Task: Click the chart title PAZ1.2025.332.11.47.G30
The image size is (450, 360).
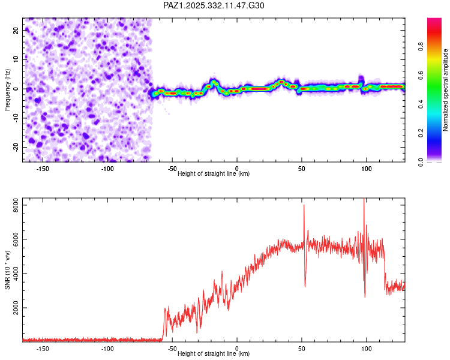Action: [x=214, y=5]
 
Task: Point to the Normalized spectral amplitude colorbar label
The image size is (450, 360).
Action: [x=445, y=90]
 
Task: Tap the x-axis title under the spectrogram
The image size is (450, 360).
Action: [x=214, y=173]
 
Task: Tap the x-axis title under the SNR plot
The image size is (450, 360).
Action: [x=214, y=353]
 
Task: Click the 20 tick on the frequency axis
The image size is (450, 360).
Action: [x=17, y=30]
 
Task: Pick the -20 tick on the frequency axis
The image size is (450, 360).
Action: [x=16, y=148]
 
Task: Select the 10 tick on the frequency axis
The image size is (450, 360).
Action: [x=17, y=59]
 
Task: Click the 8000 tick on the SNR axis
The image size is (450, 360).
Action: [x=13, y=205]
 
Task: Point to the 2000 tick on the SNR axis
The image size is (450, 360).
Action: [x=13, y=308]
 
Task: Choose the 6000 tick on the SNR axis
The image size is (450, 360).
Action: [x=13, y=239]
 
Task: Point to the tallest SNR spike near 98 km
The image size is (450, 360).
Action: [x=364, y=201]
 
